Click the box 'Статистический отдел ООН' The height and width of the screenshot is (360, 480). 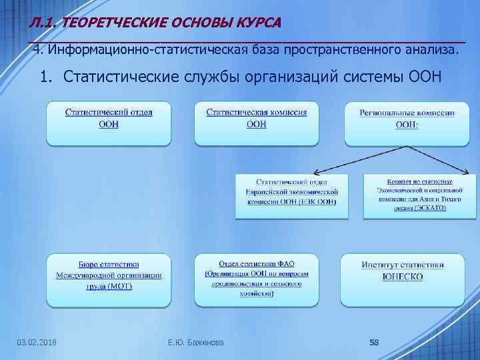[x=109, y=123]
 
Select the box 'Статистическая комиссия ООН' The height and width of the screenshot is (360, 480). [x=257, y=123]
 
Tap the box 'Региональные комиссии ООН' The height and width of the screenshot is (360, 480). [x=407, y=123]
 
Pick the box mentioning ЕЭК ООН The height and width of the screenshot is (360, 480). [x=291, y=196]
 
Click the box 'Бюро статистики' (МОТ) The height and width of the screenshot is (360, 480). [x=109, y=280]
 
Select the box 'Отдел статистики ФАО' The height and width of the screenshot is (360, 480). [x=257, y=279]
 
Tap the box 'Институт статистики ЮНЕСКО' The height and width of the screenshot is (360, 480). [x=403, y=279]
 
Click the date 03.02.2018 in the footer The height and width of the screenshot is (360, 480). [x=37, y=343]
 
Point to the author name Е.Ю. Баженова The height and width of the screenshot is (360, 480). [x=196, y=343]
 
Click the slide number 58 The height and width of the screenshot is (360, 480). [x=374, y=343]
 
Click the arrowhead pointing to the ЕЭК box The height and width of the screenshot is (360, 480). [x=317, y=172]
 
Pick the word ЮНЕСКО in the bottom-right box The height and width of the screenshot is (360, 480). [x=403, y=277]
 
